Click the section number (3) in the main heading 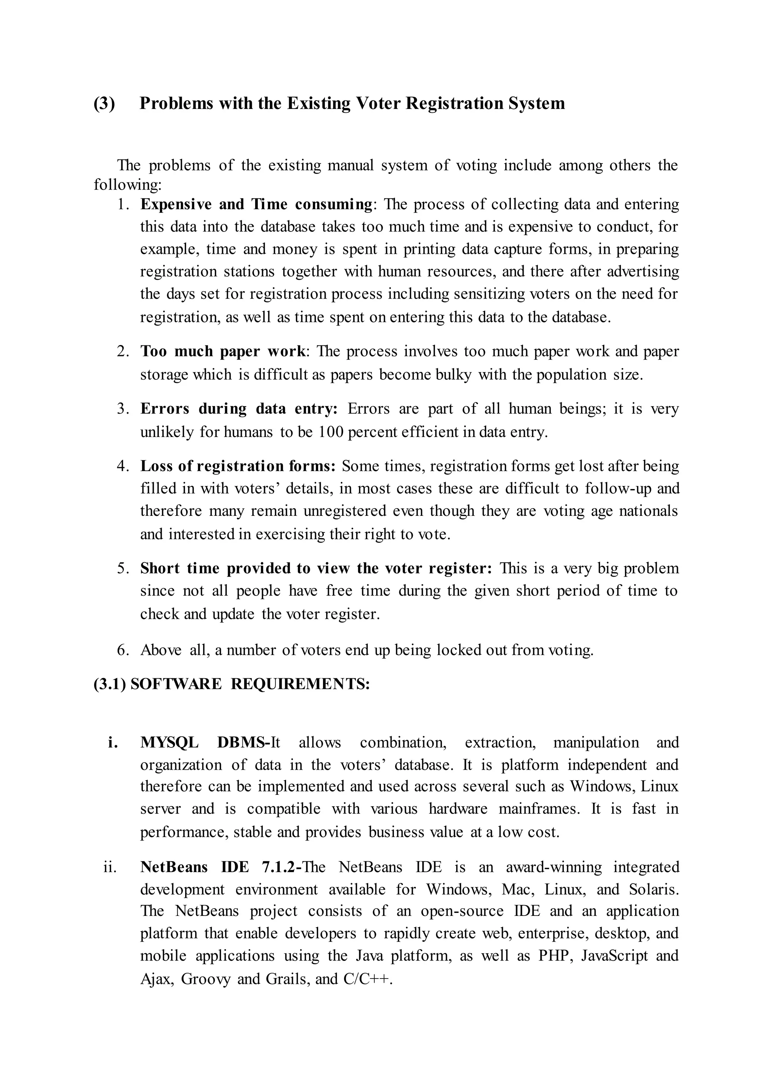[x=104, y=103]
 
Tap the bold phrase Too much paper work [x=222, y=351]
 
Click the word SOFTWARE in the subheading [x=176, y=684]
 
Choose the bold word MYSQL [x=169, y=742]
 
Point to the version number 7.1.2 [x=278, y=867]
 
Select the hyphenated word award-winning [x=554, y=867]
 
